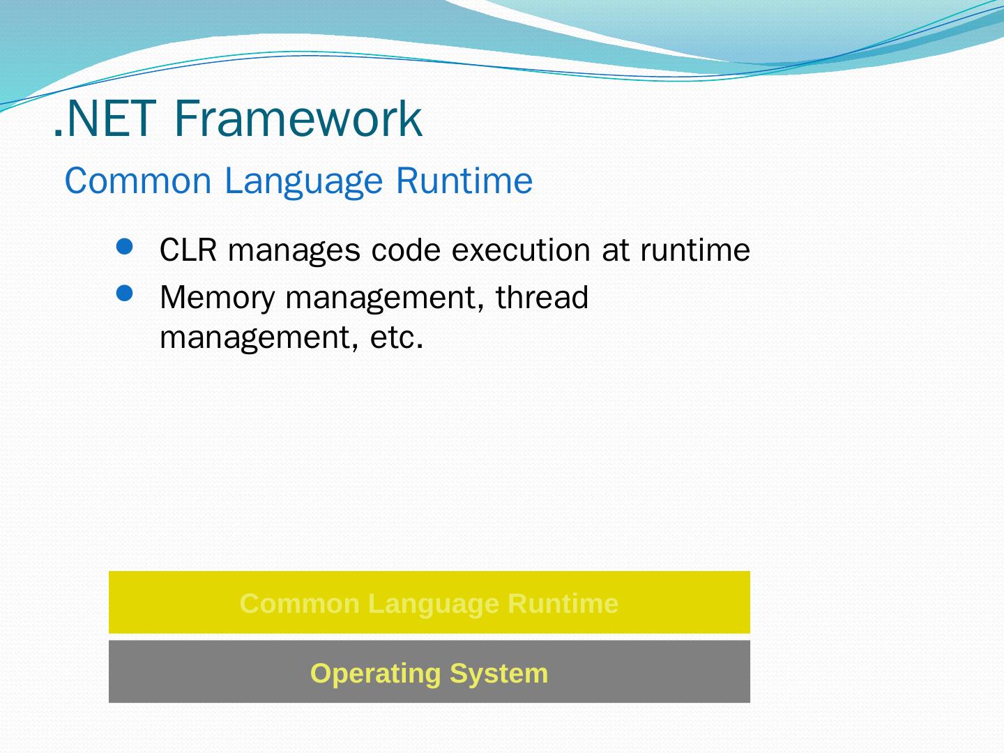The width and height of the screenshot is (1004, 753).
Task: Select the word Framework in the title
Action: pos(298,119)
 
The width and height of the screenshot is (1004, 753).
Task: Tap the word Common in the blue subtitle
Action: pos(138,181)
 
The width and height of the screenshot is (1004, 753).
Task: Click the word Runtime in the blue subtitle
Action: pos(464,181)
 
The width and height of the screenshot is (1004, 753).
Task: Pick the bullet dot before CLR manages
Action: pos(124,247)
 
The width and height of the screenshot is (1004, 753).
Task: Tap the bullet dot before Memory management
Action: pos(124,294)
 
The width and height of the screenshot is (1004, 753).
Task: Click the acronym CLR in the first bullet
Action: pos(188,250)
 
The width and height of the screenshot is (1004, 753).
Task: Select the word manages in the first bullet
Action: pos(294,252)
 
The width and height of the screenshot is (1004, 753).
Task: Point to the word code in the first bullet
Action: pos(406,250)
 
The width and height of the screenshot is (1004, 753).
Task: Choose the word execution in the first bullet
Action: pos(521,250)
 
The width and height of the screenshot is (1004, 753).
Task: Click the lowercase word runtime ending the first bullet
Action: pos(695,250)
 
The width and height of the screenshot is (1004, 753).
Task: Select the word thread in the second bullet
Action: pos(542,297)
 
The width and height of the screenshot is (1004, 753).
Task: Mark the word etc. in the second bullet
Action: pos(397,337)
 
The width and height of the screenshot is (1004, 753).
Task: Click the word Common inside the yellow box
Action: pos(300,604)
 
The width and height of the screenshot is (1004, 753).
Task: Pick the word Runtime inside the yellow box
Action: pos(563,604)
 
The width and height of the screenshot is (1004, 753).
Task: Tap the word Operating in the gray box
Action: pos(376,674)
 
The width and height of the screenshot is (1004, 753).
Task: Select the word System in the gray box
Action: pos(499,674)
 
